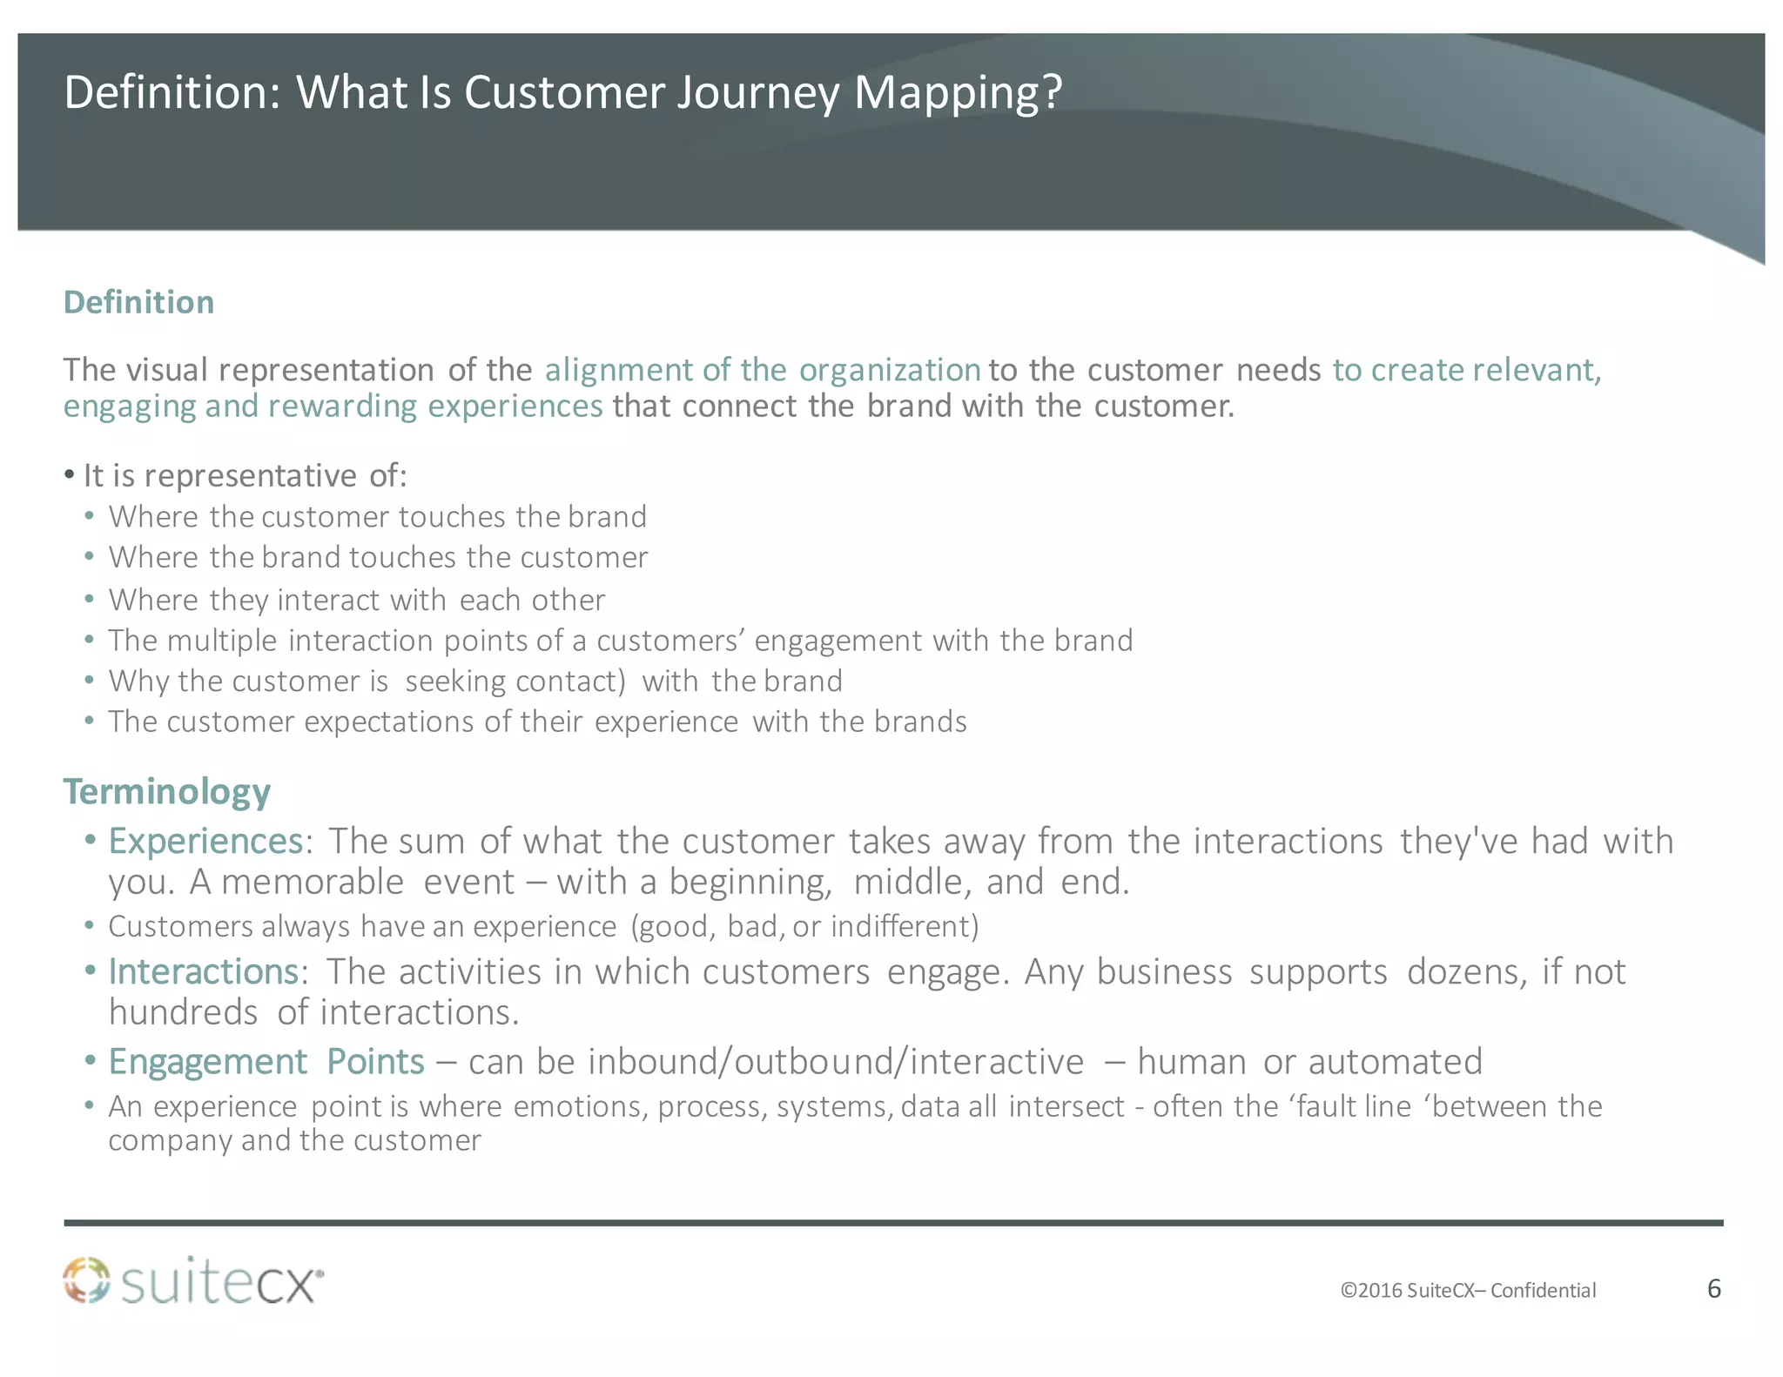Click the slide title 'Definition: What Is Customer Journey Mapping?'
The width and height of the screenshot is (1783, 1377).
562,92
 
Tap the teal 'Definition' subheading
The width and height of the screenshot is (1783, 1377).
139,302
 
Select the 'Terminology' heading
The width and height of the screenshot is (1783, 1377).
167,791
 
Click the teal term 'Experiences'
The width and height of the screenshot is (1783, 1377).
205,841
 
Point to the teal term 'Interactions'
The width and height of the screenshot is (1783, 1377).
204,971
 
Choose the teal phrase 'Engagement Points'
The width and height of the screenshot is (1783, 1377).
266,1062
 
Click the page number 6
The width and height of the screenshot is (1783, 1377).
1713,1288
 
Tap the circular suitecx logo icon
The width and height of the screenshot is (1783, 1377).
87,1280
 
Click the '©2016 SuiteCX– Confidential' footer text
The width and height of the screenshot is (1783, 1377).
1468,1290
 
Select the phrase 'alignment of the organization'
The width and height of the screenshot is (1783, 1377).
763,370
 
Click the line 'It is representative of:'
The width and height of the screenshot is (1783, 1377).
246,476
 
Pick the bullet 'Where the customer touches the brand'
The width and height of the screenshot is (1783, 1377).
377,517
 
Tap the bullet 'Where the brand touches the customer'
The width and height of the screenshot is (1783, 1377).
378,557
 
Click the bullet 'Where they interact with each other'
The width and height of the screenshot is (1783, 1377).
356,600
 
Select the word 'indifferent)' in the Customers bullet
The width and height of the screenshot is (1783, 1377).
905,926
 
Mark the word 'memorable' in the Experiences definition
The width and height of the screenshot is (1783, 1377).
313,883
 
